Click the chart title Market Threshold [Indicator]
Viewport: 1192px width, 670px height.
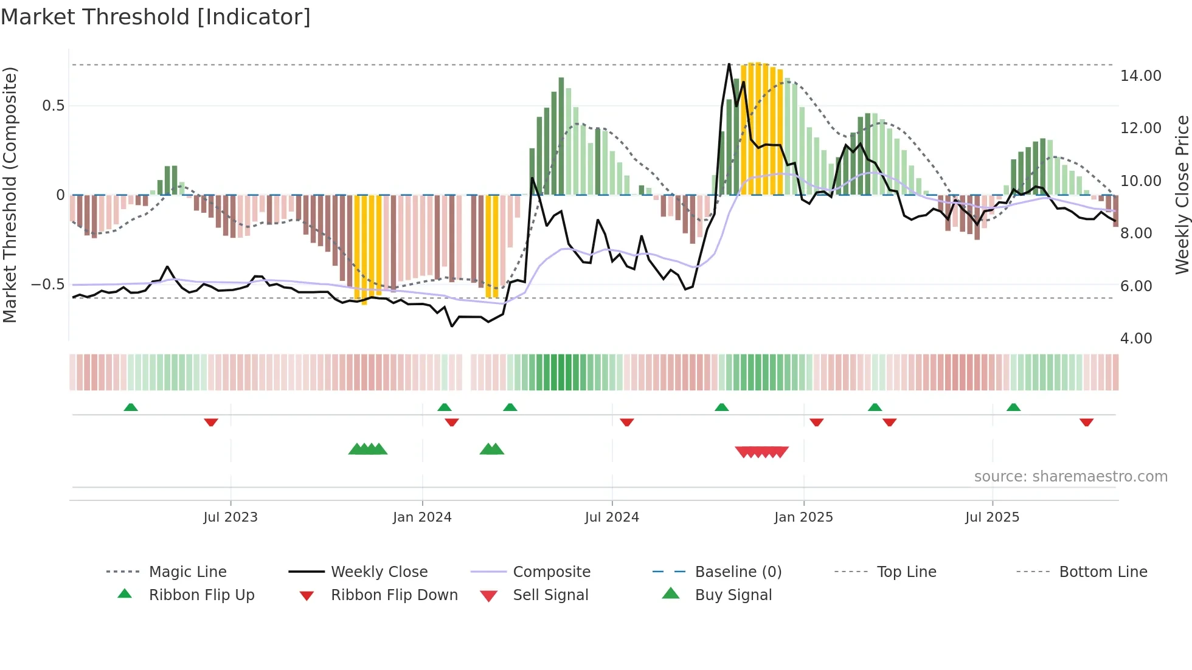[156, 17]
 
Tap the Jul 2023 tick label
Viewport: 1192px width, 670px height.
[230, 517]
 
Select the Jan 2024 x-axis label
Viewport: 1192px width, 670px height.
[422, 517]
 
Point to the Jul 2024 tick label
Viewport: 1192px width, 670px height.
[612, 517]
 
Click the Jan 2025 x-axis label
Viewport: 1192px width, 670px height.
[803, 517]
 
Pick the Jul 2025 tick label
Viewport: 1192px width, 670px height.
[992, 517]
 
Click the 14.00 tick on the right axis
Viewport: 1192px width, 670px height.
[1140, 76]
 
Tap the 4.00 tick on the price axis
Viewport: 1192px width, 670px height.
[1135, 339]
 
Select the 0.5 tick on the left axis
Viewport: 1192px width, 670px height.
[54, 106]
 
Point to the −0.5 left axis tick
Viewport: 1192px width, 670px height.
[48, 285]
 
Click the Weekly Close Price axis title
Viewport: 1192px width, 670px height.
[1182, 195]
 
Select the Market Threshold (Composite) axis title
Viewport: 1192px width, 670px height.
[10, 195]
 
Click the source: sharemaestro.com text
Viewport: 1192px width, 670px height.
[1070, 477]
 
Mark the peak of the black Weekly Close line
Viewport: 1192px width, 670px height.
[729, 64]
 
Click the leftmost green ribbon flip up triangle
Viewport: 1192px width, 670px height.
[131, 407]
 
